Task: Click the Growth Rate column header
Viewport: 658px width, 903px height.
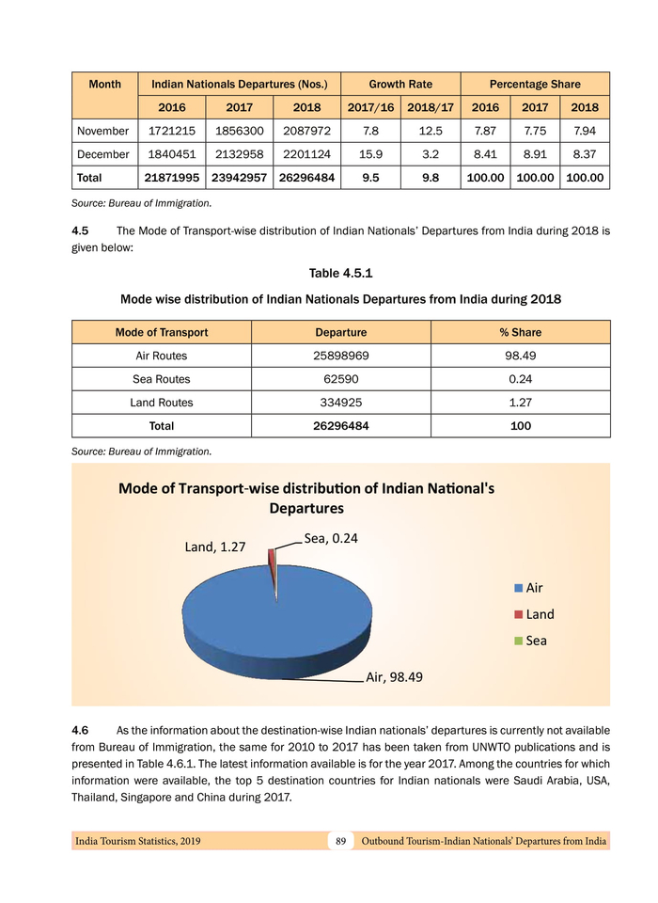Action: coord(400,85)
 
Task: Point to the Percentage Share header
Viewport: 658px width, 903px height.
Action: coord(534,85)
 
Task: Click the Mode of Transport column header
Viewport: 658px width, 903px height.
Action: coord(162,332)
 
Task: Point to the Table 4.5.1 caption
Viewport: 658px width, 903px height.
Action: coord(340,274)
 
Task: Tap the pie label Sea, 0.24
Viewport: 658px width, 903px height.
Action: coord(332,539)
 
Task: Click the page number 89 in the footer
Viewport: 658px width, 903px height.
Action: coord(340,840)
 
